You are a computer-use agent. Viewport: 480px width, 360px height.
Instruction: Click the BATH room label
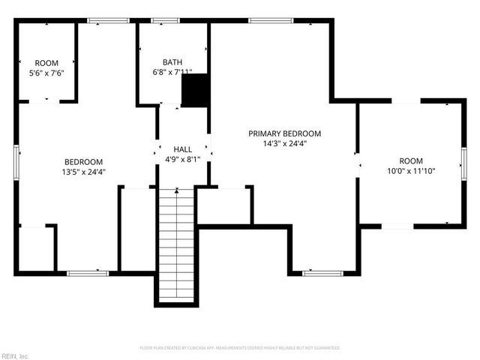click(x=172, y=62)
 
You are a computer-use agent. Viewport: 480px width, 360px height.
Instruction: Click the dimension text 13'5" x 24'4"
click(x=83, y=172)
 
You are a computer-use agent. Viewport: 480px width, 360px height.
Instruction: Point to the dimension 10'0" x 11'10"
click(x=410, y=171)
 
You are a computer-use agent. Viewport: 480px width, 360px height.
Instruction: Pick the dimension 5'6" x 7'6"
click(x=46, y=73)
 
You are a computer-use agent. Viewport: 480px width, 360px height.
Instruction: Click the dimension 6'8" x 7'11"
click(x=172, y=73)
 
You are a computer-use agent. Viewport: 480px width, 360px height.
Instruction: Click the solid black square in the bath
click(x=196, y=89)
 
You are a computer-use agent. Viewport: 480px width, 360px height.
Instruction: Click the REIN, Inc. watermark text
click(x=15, y=355)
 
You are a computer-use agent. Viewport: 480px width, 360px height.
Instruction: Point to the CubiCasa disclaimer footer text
click(x=240, y=348)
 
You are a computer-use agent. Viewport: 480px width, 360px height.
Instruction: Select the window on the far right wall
click(x=463, y=160)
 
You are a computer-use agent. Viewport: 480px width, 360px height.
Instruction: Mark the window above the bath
click(x=163, y=21)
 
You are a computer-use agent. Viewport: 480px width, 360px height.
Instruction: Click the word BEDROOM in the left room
click(x=83, y=161)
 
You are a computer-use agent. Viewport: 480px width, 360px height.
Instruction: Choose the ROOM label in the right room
click(x=410, y=160)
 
